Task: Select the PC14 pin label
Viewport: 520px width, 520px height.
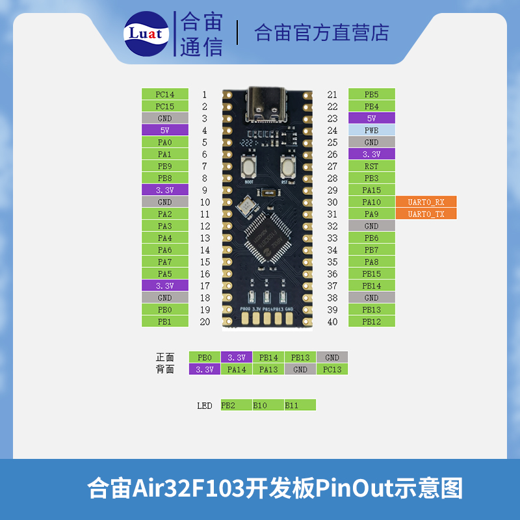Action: click(165, 94)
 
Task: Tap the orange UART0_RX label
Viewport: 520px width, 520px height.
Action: click(426, 202)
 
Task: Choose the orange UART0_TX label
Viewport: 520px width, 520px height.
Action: click(426, 214)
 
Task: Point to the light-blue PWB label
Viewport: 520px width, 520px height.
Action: click(371, 130)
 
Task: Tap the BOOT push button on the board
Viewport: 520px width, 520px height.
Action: click(248, 169)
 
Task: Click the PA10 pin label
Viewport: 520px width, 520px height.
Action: click(371, 202)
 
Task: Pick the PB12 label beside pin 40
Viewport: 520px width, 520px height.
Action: click(371, 321)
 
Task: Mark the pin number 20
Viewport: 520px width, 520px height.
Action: click(205, 321)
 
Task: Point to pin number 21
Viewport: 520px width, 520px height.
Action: click(332, 94)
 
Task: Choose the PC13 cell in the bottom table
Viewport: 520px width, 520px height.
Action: click(332, 369)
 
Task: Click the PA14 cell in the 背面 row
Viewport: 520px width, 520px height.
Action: click(237, 369)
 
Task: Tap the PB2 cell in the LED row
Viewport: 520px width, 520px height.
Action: click(236, 405)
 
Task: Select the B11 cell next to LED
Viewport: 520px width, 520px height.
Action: click(300, 405)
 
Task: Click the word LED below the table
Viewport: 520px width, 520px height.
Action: click(205, 406)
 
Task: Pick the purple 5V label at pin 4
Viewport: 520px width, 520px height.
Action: click(165, 130)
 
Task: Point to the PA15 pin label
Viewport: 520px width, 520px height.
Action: click(371, 190)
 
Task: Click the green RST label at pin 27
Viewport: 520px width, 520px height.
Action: click(371, 166)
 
